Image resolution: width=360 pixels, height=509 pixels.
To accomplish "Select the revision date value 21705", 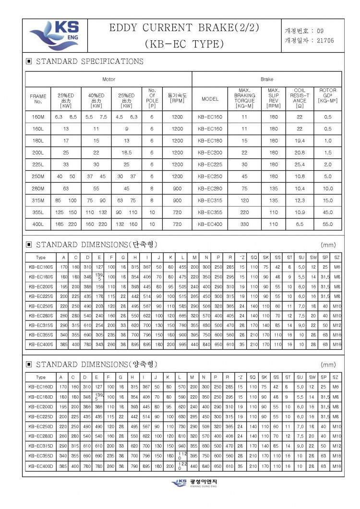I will (x=325, y=41).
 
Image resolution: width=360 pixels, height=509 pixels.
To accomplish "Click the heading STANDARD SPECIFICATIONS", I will (x=89, y=61).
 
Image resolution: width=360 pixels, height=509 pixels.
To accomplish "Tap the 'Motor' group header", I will (x=109, y=79).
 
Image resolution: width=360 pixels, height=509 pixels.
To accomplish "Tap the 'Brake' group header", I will (x=267, y=79).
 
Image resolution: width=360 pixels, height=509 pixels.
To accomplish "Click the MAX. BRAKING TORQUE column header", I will (x=244, y=98).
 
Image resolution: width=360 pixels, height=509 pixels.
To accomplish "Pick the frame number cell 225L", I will (x=38, y=165).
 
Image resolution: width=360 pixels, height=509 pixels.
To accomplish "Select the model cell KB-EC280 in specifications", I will (x=210, y=189).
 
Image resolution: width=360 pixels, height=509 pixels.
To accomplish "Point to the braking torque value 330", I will (x=244, y=224).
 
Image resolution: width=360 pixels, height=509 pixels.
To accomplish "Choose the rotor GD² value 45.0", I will (x=328, y=213).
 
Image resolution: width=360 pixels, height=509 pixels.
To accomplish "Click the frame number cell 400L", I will (x=38, y=224).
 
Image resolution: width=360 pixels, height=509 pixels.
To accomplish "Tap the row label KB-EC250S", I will (x=41, y=306).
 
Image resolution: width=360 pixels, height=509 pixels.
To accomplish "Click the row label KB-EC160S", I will (x=41, y=266).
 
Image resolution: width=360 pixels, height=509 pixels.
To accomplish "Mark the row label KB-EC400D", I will (x=41, y=466).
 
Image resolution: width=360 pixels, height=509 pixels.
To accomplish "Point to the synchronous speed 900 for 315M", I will (x=177, y=201).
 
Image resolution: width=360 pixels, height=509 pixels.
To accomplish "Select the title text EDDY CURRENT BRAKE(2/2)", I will (x=184, y=28).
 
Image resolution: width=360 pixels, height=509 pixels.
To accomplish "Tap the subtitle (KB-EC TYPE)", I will (x=184, y=44).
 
